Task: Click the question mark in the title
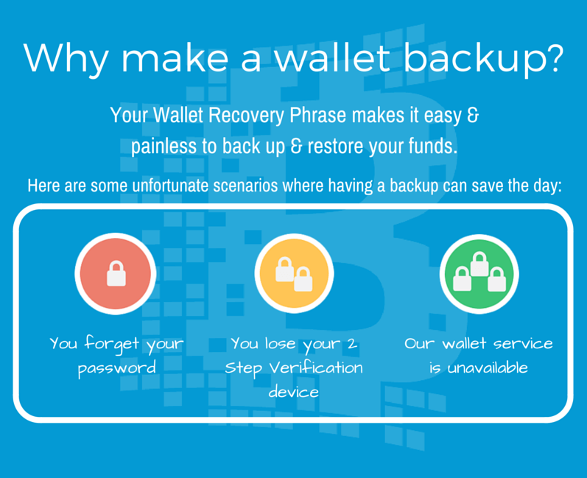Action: [x=552, y=58]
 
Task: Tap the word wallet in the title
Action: [x=332, y=57]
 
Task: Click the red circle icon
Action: [x=116, y=274]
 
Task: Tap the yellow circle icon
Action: [x=294, y=274]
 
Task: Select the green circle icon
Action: [x=479, y=274]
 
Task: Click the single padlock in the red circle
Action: [x=116, y=274]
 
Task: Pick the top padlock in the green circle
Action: [x=479, y=264]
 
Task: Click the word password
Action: [x=117, y=368]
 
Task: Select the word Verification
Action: [x=316, y=368]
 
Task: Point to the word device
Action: [x=294, y=392]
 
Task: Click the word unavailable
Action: [x=488, y=368]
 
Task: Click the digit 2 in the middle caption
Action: [x=352, y=344]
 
